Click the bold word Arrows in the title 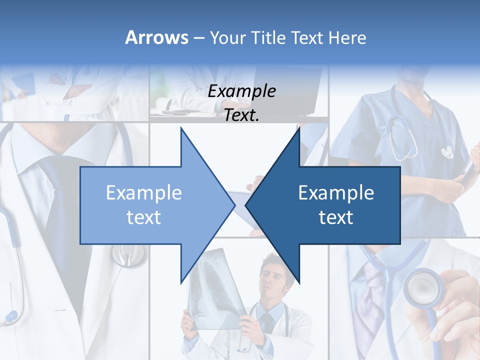click(x=156, y=37)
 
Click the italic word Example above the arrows click(x=241, y=91)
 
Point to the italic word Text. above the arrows click(x=241, y=115)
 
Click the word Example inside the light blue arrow click(x=143, y=193)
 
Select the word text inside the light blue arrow click(x=143, y=217)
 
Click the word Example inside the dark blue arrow click(x=336, y=193)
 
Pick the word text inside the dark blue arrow click(x=336, y=217)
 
